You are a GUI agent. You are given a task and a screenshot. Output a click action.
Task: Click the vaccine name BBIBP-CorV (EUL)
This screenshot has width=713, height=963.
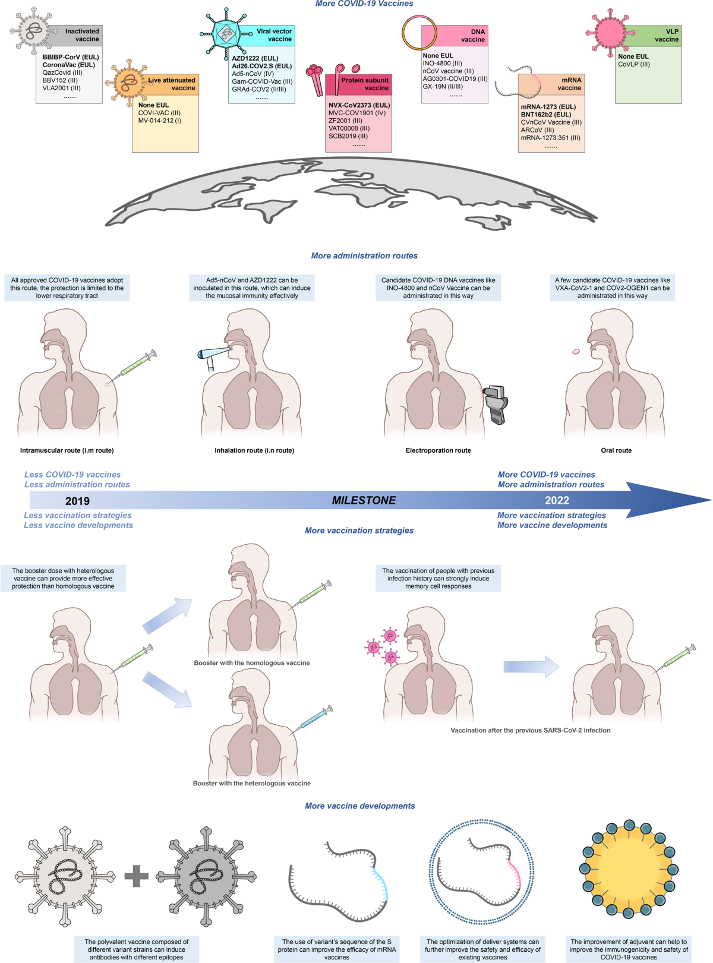click(x=71, y=57)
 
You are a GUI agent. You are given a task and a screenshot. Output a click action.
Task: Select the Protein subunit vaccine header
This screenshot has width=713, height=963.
click(x=359, y=84)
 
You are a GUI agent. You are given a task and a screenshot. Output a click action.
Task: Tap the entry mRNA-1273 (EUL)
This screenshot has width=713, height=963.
click(x=548, y=107)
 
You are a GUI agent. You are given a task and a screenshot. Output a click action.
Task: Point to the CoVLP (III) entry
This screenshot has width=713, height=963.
click(x=634, y=64)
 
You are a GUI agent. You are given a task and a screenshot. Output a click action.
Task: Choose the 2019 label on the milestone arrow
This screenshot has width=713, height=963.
click(x=77, y=501)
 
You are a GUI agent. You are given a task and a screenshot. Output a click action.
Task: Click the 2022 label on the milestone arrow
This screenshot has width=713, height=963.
click(x=557, y=500)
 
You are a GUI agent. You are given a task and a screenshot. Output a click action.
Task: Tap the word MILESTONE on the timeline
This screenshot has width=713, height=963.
click(x=364, y=500)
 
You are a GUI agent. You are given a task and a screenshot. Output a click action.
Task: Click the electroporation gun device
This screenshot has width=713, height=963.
click(x=496, y=404)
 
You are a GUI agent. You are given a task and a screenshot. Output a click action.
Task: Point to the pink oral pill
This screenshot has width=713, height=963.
click(x=576, y=352)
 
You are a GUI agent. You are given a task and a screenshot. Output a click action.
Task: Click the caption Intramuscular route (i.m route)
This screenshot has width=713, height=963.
click(x=67, y=450)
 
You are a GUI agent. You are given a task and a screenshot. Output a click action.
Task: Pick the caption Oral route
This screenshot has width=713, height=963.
click(x=616, y=450)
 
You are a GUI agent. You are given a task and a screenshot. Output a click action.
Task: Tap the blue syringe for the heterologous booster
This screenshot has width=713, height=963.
click(x=312, y=719)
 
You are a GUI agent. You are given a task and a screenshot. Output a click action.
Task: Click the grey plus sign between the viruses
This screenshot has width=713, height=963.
click(x=136, y=876)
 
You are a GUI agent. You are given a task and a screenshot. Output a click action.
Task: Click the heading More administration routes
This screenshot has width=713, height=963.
click(x=364, y=255)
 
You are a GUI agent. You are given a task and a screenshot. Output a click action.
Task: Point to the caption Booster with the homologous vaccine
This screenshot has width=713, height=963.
click(x=252, y=662)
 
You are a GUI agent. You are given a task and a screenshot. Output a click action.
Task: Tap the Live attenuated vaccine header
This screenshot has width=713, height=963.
click(x=172, y=84)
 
